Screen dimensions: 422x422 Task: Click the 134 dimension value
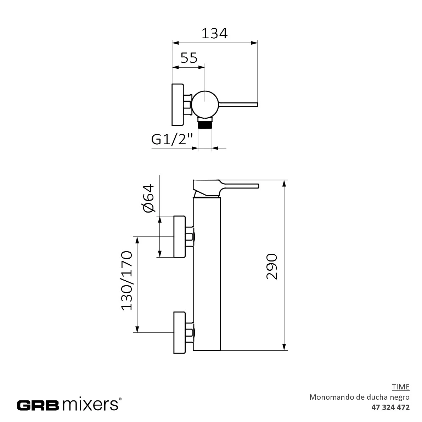click(214, 33)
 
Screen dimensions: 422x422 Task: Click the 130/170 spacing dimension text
click(126, 281)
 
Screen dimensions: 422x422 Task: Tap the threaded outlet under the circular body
click(205, 125)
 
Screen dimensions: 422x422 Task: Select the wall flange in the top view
click(177, 105)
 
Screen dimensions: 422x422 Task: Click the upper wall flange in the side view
click(180, 236)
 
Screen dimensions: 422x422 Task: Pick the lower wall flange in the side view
click(180, 332)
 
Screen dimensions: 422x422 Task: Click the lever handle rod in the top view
click(239, 104)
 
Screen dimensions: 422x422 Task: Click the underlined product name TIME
click(401, 387)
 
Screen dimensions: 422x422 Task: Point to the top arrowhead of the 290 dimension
click(284, 184)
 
